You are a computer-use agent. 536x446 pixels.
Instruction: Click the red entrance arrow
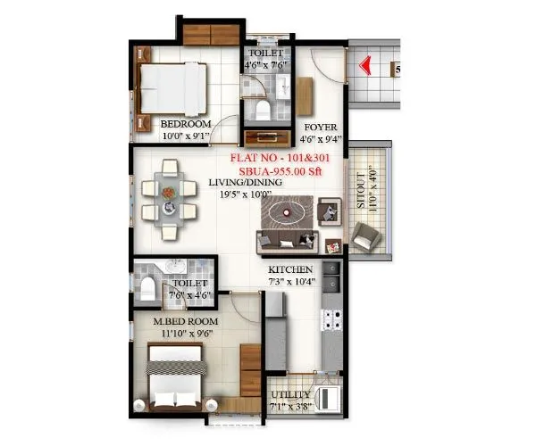tap(364, 65)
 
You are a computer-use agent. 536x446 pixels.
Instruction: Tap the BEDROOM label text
tap(185, 124)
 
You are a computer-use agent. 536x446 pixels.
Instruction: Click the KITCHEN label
tap(291, 269)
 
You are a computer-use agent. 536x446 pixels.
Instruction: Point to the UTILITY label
tap(291, 395)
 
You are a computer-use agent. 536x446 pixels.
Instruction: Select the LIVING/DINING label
tap(245, 183)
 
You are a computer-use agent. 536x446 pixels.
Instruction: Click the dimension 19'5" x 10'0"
tap(245, 194)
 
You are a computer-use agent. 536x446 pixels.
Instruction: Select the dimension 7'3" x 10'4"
tap(291, 282)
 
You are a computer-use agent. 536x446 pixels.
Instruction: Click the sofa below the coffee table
tap(286, 239)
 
